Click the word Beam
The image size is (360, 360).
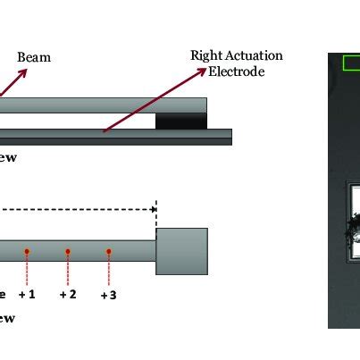coord(34,57)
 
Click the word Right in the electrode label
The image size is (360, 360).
coord(205,56)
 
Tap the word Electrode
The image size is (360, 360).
coord(236,71)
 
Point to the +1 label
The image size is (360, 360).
coord(29,294)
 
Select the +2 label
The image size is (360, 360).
coord(68,294)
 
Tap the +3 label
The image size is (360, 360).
coord(109,294)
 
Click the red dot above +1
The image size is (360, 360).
coord(28,251)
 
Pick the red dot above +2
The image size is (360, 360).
coord(68,252)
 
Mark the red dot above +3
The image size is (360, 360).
coord(108,252)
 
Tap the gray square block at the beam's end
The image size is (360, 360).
coord(182,251)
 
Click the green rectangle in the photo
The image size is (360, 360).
coord(350,63)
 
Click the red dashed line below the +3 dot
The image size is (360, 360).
coord(108,270)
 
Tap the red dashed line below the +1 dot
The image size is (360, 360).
coord(28,270)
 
